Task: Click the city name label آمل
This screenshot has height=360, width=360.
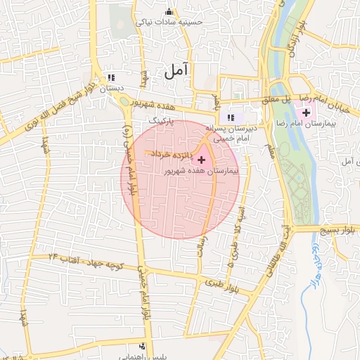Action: tap(177, 70)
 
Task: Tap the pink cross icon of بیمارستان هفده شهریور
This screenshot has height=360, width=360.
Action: tap(202, 160)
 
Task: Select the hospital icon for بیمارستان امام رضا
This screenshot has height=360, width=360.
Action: tap(306, 112)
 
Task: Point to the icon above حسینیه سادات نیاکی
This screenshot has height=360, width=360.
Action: tap(169, 12)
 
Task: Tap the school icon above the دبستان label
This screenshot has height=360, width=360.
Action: tap(110, 79)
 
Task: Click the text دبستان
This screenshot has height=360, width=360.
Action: tap(110, 89)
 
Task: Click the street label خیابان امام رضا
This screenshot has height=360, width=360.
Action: tap(336, 99)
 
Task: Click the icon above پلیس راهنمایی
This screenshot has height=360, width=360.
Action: tap(143, 346)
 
